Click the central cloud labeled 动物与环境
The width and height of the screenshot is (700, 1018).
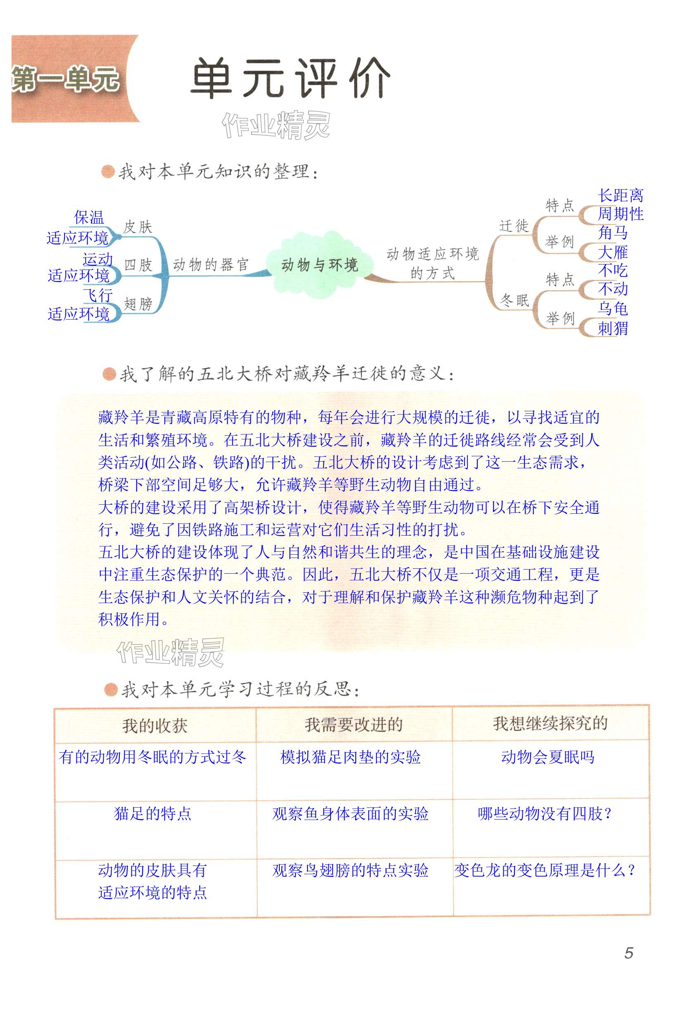pyautogui.click(x=320, y=265)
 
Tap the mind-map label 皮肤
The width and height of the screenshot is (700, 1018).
pyautogui.click(x=137, y=227)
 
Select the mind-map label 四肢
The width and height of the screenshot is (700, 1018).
pyautogui.click(x=138, y=265)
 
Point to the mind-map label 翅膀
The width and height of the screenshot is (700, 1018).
pyautogui.click(x=138, y=303)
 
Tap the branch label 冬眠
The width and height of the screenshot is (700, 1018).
pyautogui.click(x=514, y=300)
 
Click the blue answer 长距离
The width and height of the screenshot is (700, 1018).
pyautogui.click(x=620, y=195)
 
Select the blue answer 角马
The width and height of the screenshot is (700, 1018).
pyautogui.click(x=612, y=233)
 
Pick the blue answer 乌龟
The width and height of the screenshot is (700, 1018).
pyautogui.click(x=612, y=309)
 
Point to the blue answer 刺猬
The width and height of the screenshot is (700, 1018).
pyautogui.click(x=612, y=328)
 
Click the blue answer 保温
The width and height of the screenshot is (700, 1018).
pyautogui.click(x=89, y=217)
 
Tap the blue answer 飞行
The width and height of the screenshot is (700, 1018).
pyautogui.click(x=98, y=295)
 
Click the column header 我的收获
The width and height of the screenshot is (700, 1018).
pyautogui.click(x=155, y=726)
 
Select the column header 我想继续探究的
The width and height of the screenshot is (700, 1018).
pyautogui.click(x=550, y=724)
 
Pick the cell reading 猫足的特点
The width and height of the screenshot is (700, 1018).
pyautogui.click(x=152, y=813)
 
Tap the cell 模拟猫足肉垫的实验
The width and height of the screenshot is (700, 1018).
pyautogui.click(x=350, y=757)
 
